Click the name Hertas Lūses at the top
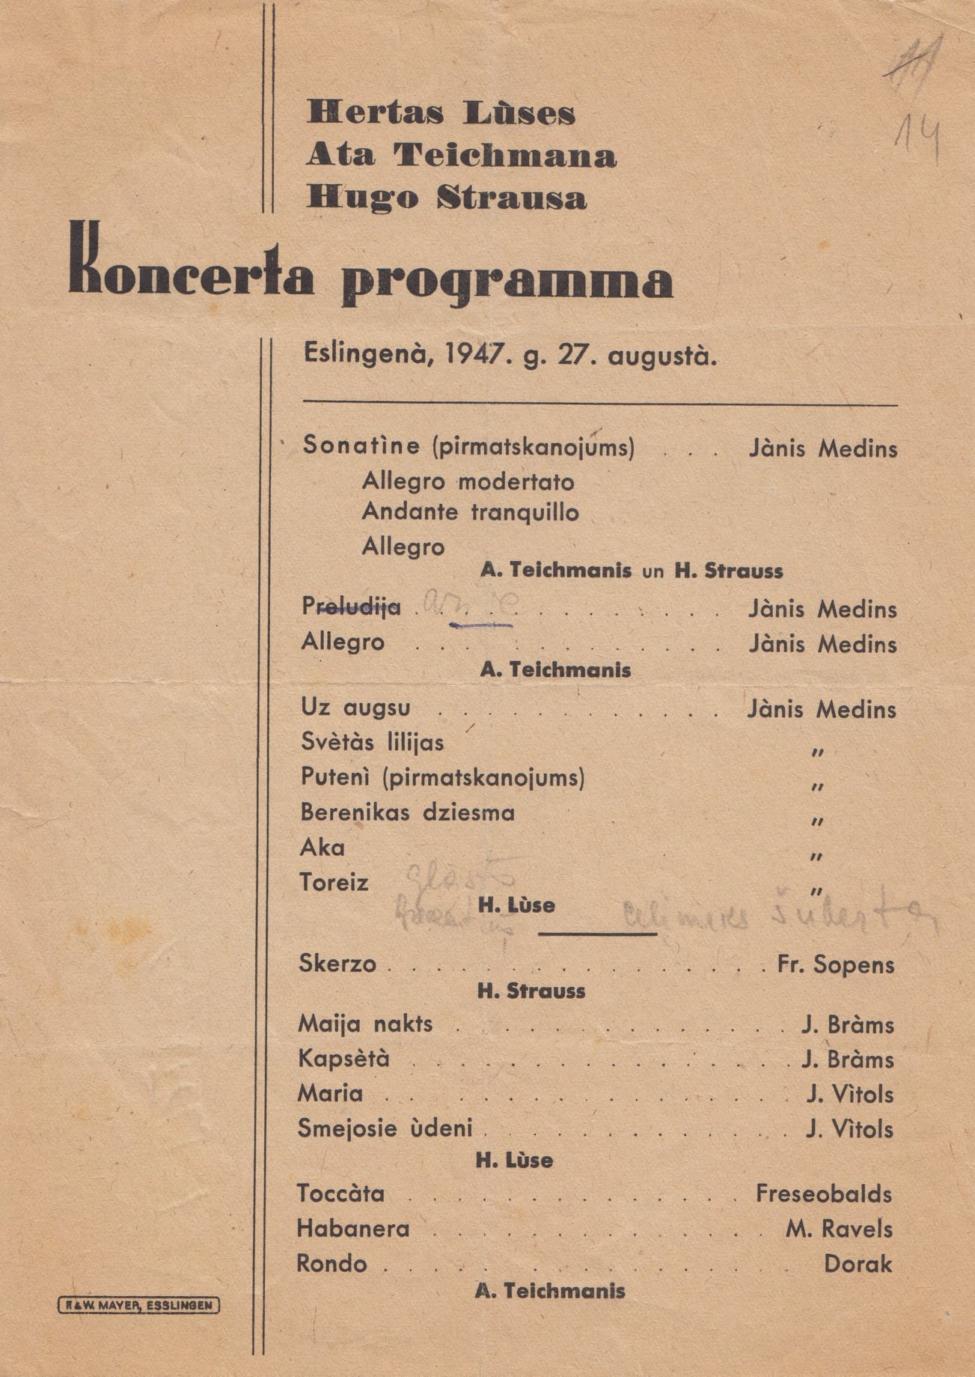point(440,113)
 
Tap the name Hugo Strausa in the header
point(446,198)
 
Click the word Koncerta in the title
point(191,269)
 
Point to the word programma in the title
point(507,282)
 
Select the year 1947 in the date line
point(474,354)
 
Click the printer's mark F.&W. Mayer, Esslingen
point(139,1306)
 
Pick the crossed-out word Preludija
point(351,607)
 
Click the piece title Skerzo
point(337,963)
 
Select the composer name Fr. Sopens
point(836,964)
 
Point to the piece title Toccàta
point(340,1193)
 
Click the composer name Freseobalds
point(823,1194)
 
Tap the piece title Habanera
point(353,1229)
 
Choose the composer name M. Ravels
point(839,1229)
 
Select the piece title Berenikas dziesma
point(408,812)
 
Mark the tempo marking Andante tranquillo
point(470,512)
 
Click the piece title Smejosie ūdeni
point(385,1128)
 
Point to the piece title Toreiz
point(334,882)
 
